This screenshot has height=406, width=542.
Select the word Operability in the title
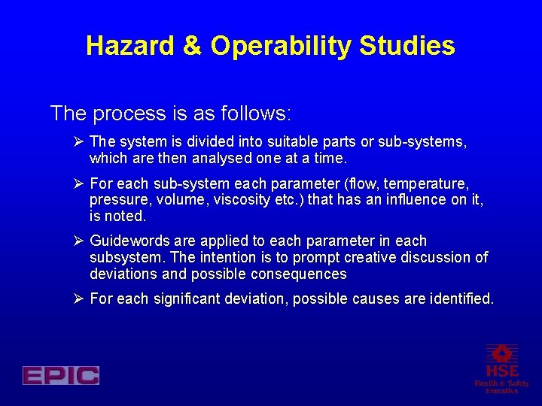(x=281, y=47)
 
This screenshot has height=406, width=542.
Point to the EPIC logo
(x=61, y=375)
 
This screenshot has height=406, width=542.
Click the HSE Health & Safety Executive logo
(x=501, y=368)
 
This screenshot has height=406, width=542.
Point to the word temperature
(x=429, y=183)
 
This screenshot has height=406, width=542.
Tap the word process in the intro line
(x=127, y=114)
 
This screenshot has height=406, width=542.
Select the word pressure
(x=117, y=200)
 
